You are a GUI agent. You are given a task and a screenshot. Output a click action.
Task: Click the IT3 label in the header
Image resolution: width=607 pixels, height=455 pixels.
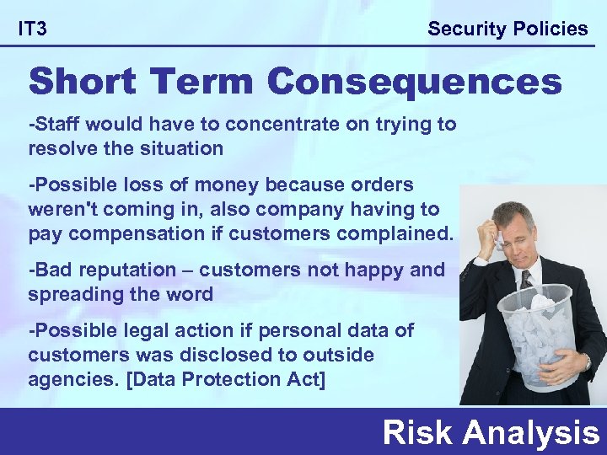(33, 29)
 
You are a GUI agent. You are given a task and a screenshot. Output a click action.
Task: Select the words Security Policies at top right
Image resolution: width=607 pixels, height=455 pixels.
(508, 29)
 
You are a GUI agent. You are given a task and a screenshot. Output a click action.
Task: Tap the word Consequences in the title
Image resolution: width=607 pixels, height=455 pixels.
(414, 83)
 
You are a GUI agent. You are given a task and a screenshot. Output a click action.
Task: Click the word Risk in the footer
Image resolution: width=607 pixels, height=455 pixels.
(418, 433)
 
